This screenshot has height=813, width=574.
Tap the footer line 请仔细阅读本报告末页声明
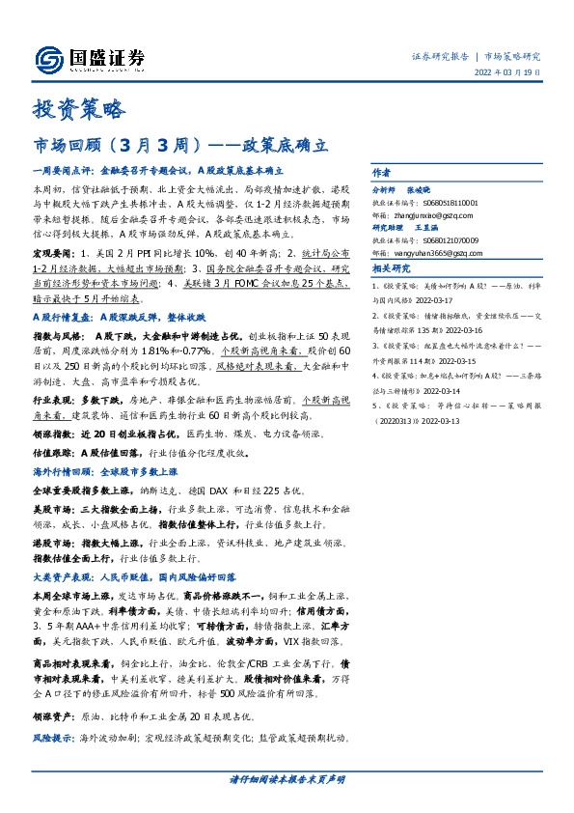286,778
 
